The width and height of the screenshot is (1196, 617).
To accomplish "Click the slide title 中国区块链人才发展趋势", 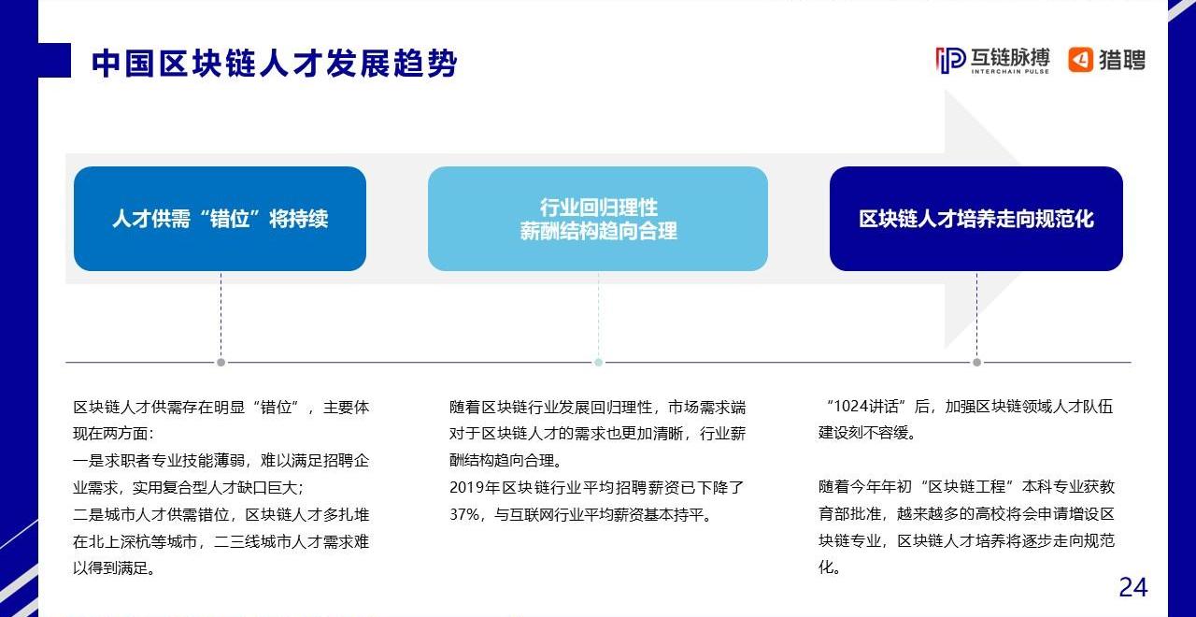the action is [274, 64].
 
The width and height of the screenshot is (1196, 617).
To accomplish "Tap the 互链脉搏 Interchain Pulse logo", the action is [992, 61].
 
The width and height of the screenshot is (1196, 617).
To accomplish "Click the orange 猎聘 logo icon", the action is [1080, 59].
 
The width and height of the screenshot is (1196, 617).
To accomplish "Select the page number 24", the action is [1133, 588].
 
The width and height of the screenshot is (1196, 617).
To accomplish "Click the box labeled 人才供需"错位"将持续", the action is [220, 219].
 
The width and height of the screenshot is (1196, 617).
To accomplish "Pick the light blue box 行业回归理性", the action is [598, 219].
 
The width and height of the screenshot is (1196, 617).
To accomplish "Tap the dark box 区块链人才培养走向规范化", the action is [976, 219].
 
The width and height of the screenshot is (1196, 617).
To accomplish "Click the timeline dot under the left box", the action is [221, 362].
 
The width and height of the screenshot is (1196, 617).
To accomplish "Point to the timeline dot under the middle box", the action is [599, 362].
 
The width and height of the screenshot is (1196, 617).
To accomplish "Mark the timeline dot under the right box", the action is [976, 362].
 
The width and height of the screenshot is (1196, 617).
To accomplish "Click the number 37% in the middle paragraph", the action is [464, 514].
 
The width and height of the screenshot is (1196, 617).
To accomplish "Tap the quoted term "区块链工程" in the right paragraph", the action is [967, 487].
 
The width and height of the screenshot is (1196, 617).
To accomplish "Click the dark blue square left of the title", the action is [54, 61].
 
